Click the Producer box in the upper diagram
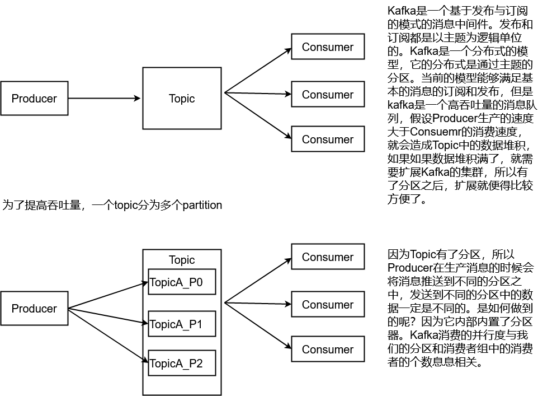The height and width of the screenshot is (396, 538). click(x=34, y=99)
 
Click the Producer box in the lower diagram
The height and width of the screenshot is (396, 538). click(x=34, y=309)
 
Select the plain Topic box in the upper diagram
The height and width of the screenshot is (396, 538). click(x=182, y=99)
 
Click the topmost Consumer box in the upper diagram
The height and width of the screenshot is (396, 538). click(x=328, y=47)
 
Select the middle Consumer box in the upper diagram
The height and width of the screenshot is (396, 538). click(x=328, y=95)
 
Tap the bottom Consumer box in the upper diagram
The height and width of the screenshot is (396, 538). click(x=328, y=139)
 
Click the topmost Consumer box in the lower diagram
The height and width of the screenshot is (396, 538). click(x=328, y=257)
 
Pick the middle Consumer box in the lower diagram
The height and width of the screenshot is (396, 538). click(x=328, y=305)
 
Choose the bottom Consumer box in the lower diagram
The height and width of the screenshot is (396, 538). click(x=328, y=350)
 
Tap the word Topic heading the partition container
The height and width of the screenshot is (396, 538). click(x=182, y=260)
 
